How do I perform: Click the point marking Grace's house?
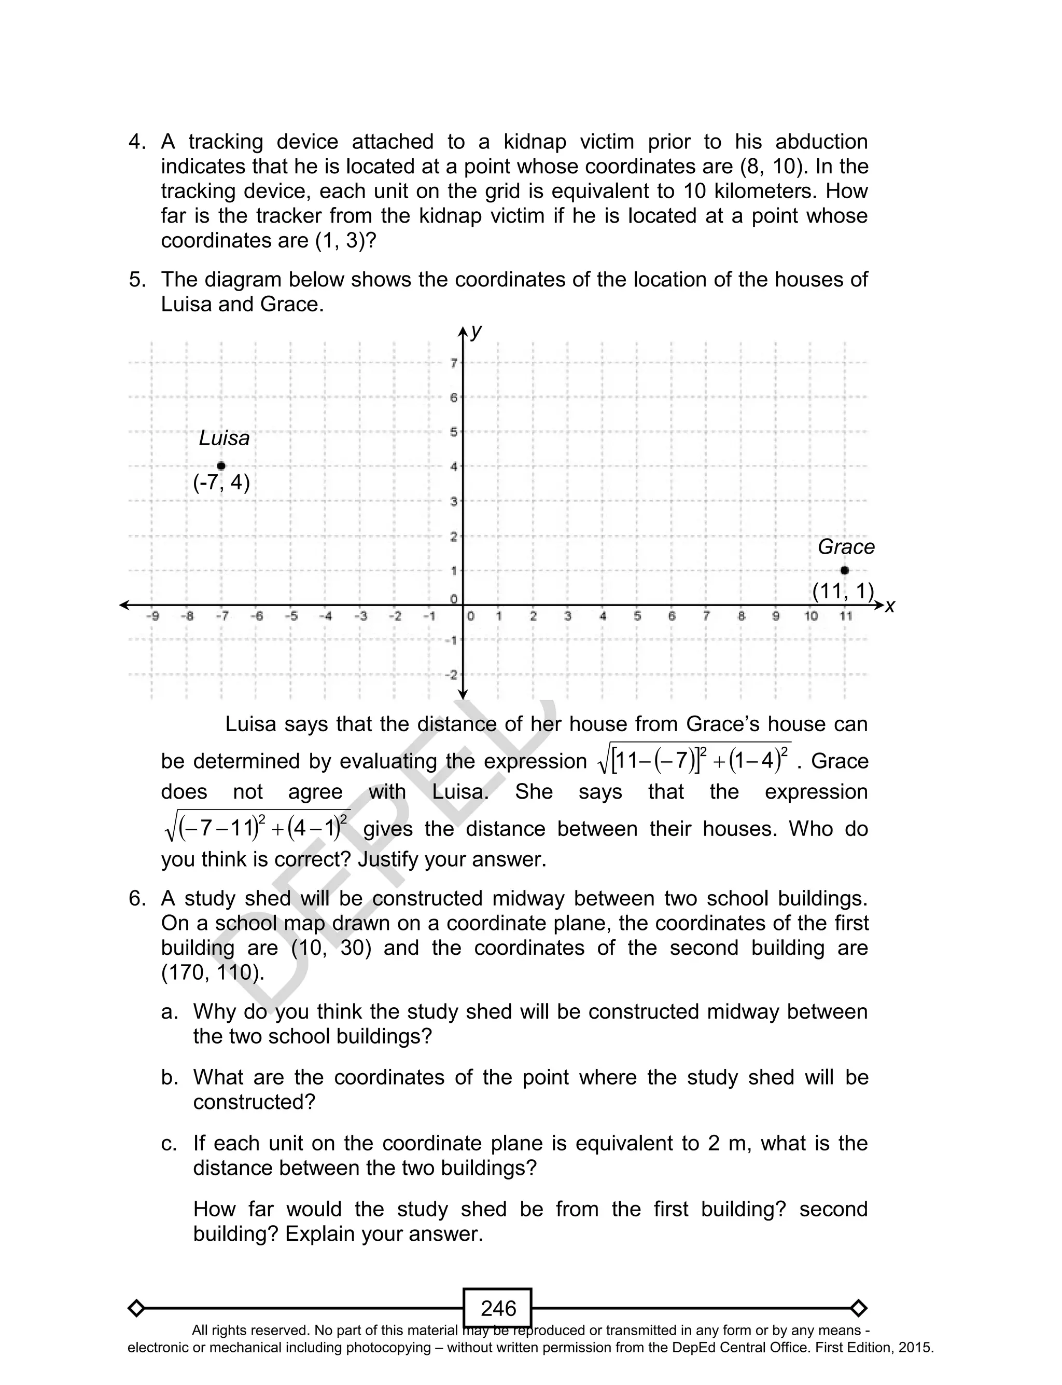(x=845, y=570)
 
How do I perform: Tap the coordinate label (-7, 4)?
(x=221, y=483)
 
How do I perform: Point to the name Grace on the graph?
(x=846, y=547)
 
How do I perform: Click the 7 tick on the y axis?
(x=453, y=363)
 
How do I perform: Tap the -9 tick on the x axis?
(x=152, y=616)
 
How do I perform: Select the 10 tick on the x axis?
(x=811, y=616)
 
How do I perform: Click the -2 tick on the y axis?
(x=450, y=675)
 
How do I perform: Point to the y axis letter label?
(x=477, y=330)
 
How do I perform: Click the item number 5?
(x=136, y=280)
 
